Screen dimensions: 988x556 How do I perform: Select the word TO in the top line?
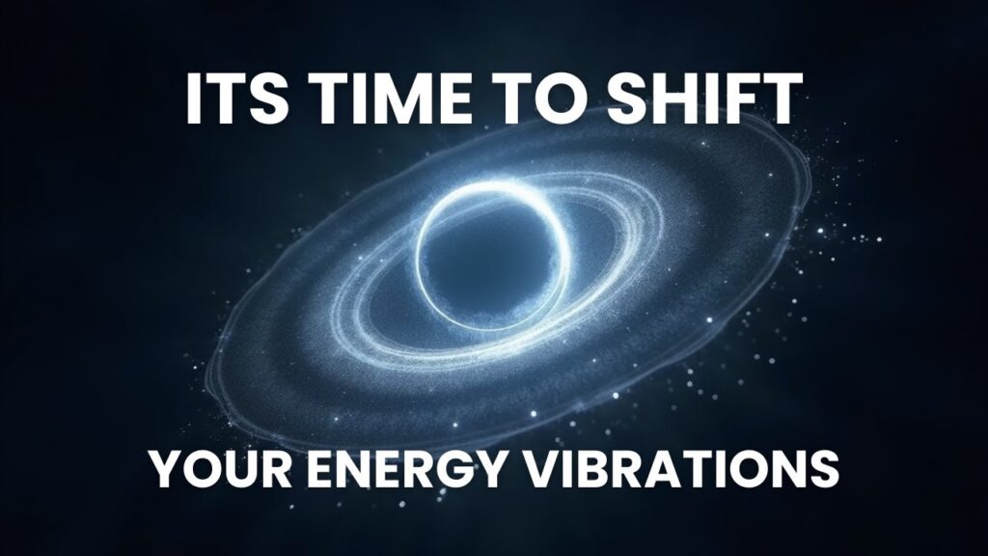click(x=540, y=98)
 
